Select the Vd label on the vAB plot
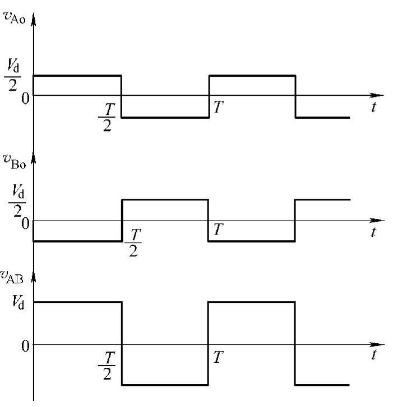click(x=15, y=302)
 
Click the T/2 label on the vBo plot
click(x=133, y=241)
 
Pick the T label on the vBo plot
click(x=218, y=229)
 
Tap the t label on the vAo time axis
click(x=373, y=107)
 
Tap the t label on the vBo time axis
click(x=373, y=232)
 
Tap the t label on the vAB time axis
click(x=373, y=354)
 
